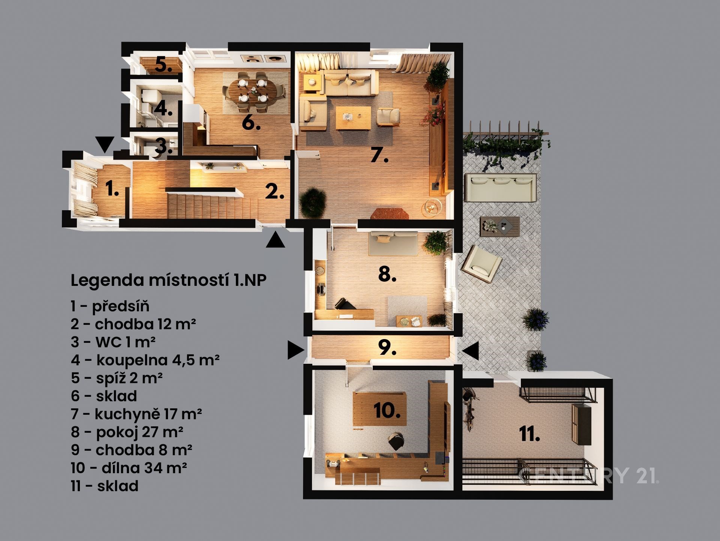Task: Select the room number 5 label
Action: click(163, 65)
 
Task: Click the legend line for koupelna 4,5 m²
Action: click(145, 360)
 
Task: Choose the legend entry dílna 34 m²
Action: click(129, 468)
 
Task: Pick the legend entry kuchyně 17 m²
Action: click(136, 414)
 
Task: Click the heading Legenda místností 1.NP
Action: click(169, 280)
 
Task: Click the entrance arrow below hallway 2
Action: click(276, 240)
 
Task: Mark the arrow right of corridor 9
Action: click(470, 350)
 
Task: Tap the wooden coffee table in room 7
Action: click(353, 118)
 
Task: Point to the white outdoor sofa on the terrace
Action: click(499, 188)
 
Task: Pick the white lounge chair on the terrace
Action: click(481, 263)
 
